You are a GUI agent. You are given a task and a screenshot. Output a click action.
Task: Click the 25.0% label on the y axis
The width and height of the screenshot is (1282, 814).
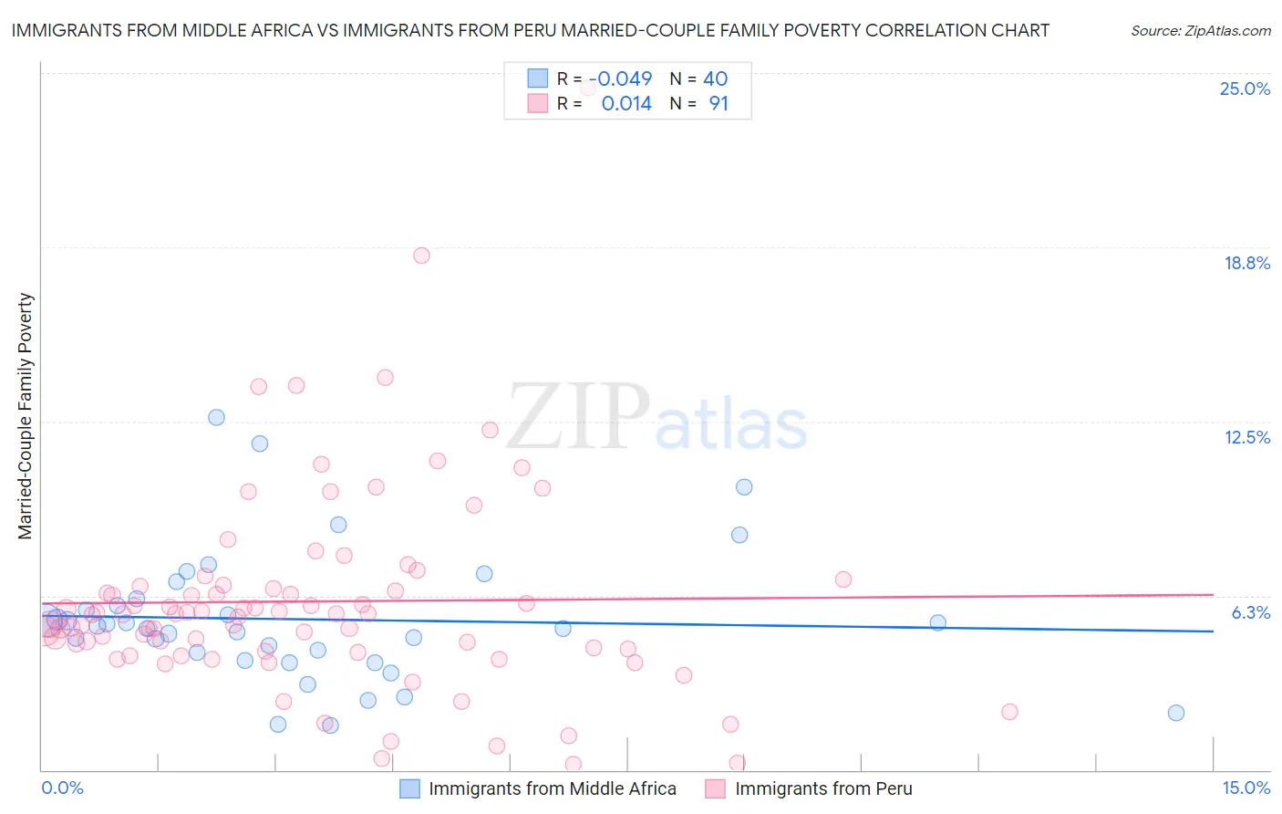click(x=1245, y=89)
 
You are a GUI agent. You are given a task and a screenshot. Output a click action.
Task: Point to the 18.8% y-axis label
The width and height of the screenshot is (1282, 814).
click(x=1246, y=263)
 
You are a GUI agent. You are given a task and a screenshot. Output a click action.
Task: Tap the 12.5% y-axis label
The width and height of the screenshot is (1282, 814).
click(x=1246, y=437)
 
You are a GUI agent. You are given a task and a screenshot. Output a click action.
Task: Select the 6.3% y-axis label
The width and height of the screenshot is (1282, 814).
click(x=1250, y=612)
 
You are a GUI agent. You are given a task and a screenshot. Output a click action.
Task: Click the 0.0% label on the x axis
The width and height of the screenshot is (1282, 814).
click(x=62, y=788)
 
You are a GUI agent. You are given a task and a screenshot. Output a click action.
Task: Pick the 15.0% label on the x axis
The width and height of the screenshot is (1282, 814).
click(x=1246, y=788)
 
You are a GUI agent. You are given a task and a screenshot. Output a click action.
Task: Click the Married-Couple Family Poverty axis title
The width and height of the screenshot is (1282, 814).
click(x=26, y=416)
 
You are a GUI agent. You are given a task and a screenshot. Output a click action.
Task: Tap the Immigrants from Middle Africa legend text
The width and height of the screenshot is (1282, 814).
click(x=553, y=788)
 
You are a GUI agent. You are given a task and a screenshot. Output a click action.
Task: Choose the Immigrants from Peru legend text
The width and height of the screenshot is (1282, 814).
click(x=823, y=788)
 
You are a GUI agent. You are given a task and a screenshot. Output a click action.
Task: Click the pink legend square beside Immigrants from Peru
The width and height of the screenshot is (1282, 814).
click(x=715, y=788)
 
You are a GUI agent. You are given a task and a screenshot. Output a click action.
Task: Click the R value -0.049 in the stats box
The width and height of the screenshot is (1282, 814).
click(x=620, y=79)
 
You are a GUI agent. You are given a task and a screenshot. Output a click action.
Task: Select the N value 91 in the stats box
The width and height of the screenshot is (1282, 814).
click(x=719, y=104)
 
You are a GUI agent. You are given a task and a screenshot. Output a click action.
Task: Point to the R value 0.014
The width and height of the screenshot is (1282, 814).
click(x=626, y=104)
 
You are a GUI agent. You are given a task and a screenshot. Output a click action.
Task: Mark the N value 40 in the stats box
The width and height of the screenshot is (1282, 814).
click(x=715, y=79)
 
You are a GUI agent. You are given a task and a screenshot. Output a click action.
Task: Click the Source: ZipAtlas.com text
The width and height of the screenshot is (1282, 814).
click(x=1200, y=31)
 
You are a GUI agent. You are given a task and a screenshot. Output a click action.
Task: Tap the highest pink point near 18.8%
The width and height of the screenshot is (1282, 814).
click(x=421, y=256)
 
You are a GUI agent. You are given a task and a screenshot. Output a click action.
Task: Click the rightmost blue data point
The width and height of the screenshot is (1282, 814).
click(x=1176, y=713)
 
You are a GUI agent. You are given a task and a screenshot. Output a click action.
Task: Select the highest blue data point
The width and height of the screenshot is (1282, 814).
click(x=216, y=417)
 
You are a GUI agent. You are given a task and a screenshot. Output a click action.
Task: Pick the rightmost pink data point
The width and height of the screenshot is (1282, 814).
click(x=1009, y=712)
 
